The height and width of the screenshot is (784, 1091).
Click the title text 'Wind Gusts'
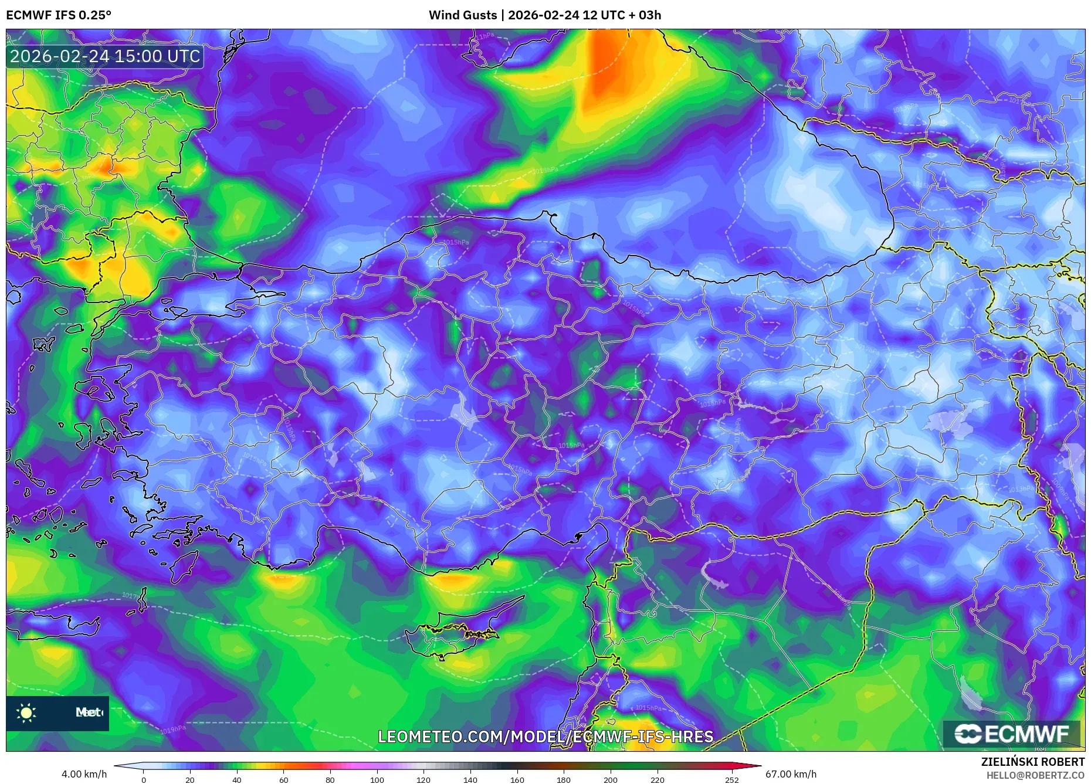coord(462,15)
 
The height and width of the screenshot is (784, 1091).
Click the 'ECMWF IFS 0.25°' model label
coord(59,15)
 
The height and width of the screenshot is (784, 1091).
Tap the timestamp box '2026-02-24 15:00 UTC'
coord(105,56)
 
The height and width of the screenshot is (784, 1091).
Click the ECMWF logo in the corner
coord(1012,734)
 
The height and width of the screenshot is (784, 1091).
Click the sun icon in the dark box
coord(26,713)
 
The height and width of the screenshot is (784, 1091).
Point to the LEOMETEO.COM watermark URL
coord(545,737)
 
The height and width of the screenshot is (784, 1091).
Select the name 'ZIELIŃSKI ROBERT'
coord(1032,762)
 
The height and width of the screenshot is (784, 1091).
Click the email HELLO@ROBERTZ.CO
coord(1035,775)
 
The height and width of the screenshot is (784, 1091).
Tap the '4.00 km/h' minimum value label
coord(84,774)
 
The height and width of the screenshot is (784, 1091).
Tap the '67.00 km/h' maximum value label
coord(791,774)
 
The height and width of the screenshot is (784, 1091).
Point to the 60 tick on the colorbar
coord(284,780)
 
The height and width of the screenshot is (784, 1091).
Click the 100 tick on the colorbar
coord(377,780)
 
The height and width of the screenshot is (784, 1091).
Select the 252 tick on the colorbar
coord(731,780)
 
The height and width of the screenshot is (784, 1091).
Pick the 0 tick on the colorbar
coord(144,780)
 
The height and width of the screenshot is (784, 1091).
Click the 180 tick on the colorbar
coord(564,780)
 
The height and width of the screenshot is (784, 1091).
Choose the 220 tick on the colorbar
coord(658,780)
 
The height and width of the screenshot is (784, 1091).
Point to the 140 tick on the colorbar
coord(470,780)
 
